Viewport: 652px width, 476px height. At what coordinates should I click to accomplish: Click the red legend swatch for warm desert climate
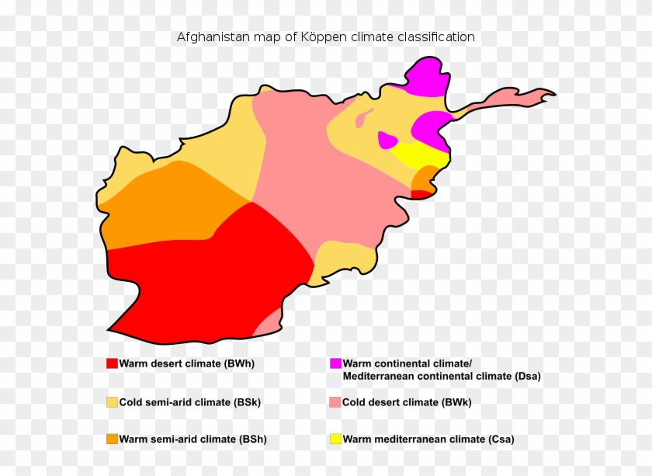[112, 363]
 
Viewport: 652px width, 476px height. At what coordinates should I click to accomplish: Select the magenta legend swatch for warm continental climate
[335, 363]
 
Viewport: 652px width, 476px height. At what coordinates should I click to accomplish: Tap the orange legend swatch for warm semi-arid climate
[112, 439]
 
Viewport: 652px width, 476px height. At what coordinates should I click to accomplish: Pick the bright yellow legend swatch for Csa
[335, 439]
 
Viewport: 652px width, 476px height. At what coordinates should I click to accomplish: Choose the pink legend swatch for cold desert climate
[335, 402]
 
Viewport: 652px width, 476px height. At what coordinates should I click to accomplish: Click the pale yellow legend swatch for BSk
[112, 402]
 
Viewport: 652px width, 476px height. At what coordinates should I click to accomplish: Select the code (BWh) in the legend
[239, 363]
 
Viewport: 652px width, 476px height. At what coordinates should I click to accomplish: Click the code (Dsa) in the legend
[527, 376]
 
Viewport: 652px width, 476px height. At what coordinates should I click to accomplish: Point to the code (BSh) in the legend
[251, 439]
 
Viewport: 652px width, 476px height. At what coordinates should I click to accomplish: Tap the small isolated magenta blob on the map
[387, 141]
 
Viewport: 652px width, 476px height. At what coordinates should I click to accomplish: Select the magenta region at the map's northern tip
[427, 78]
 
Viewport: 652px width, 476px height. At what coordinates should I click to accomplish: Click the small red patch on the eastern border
[420, 194]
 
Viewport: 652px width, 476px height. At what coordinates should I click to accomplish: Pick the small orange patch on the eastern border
[423, 182]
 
